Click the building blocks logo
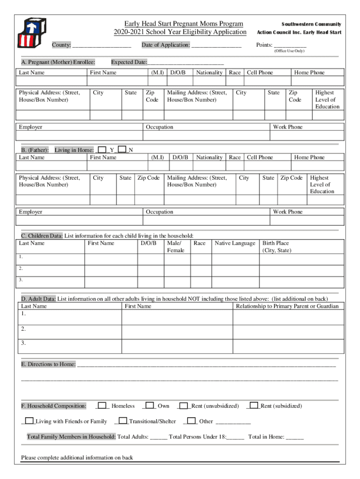click(x=29, y=34)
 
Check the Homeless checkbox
click(x=102, y=406)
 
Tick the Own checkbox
click(x=150, y=406)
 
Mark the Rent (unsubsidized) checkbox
click(x=184, y=406)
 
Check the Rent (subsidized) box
click(x=253, y=406)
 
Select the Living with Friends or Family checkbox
click(x=29, y=421)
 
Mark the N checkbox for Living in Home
click(x=122, y=150)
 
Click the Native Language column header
click(x=235, y=243)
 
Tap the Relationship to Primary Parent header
click(x=288, y=306)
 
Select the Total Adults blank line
click(x=159, y=437)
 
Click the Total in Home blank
click(x=295, y=437)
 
